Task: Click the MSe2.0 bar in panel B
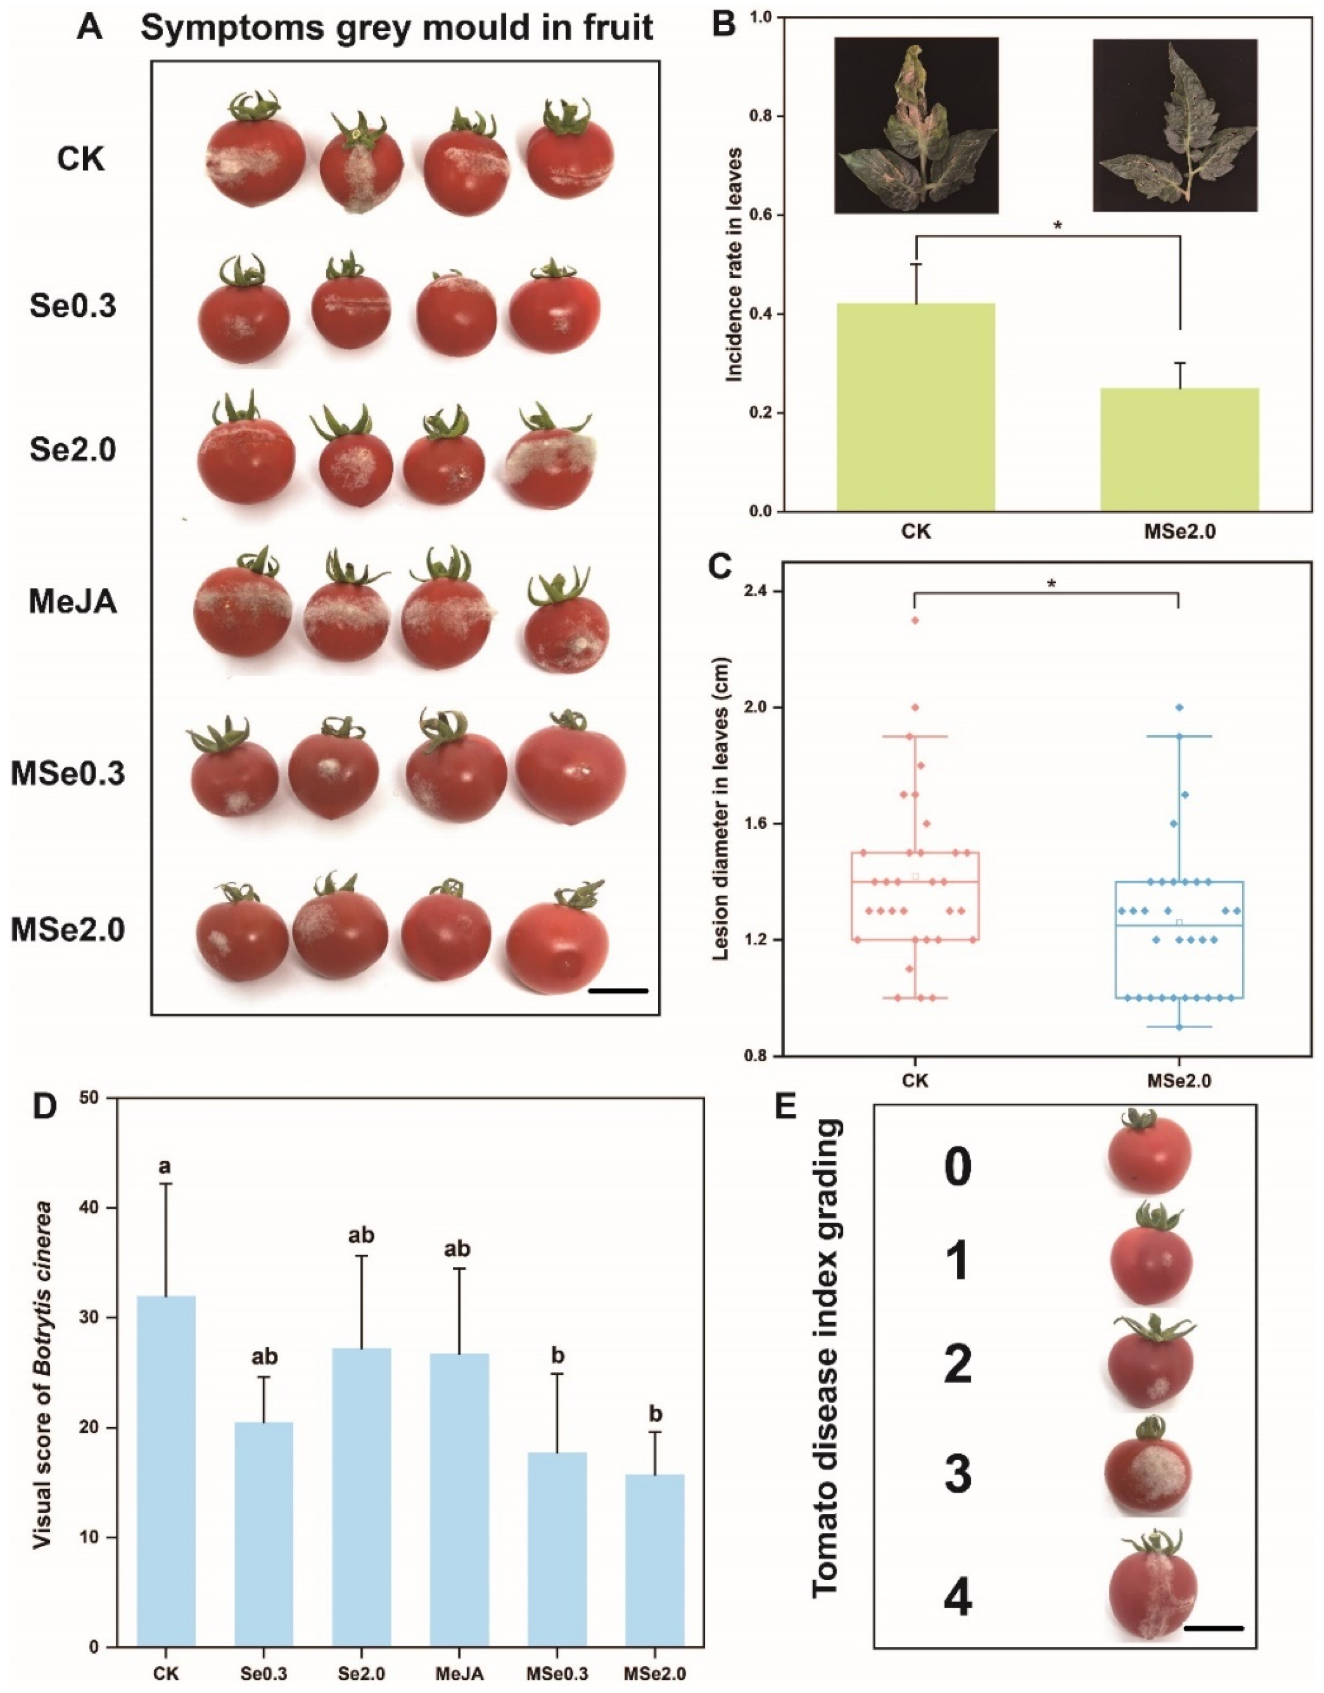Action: [x=1179, y=450]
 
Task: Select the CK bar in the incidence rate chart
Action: [x=915, y=407]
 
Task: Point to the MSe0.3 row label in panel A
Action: [x=68, y=774]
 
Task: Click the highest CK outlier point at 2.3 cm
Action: [x=915, y=620]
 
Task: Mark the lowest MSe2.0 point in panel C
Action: [x=1179, y=1027]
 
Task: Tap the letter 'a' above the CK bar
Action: [x=165, y=1167]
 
